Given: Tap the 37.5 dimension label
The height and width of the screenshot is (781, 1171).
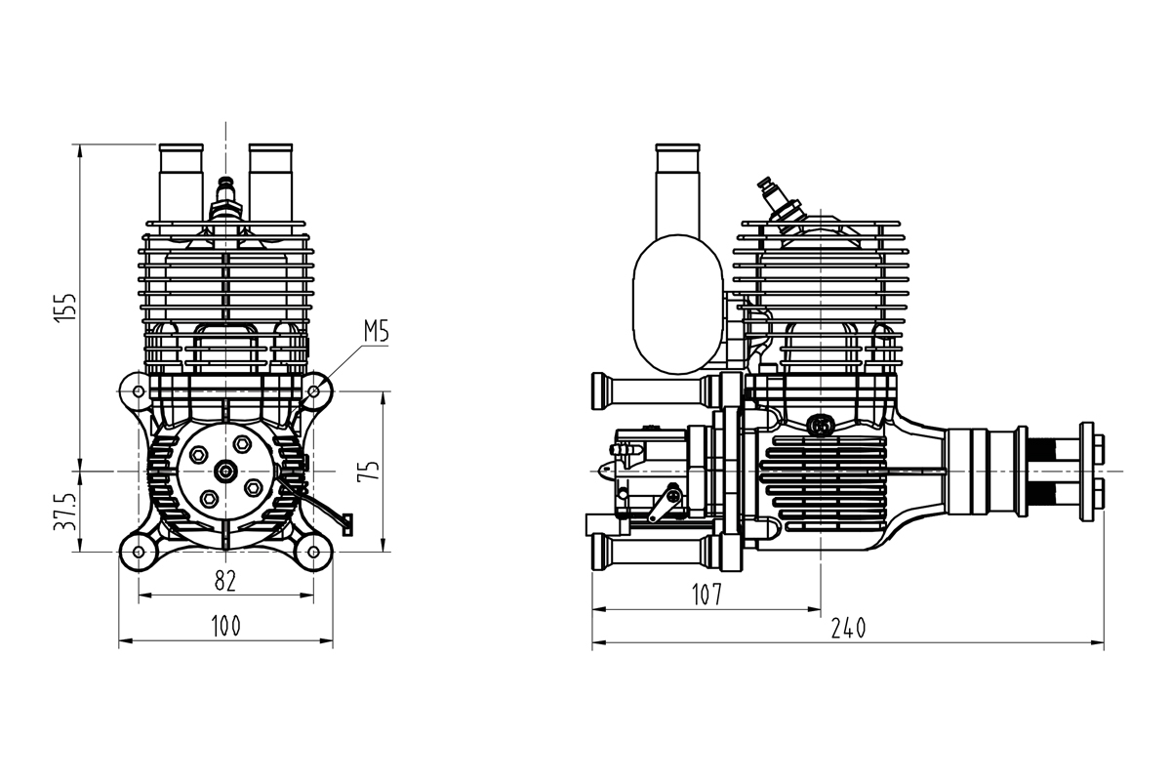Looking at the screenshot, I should click(x=64, y=511).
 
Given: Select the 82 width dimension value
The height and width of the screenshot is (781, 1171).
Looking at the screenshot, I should click(x=225, y=580).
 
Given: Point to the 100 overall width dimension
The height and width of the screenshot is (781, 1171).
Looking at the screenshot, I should click(x=225, y=625).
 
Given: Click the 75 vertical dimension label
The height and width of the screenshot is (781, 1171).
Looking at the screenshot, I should click(x=369, y=472).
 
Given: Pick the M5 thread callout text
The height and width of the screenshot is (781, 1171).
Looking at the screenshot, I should click(x=376, y=332).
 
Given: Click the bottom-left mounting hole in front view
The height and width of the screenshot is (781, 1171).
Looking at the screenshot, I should click(x=138, y=553).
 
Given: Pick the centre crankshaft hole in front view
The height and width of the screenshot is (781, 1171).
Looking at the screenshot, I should click(x=225, y=472).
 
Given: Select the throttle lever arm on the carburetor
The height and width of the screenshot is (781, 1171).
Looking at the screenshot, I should click(x=667, y=502).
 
